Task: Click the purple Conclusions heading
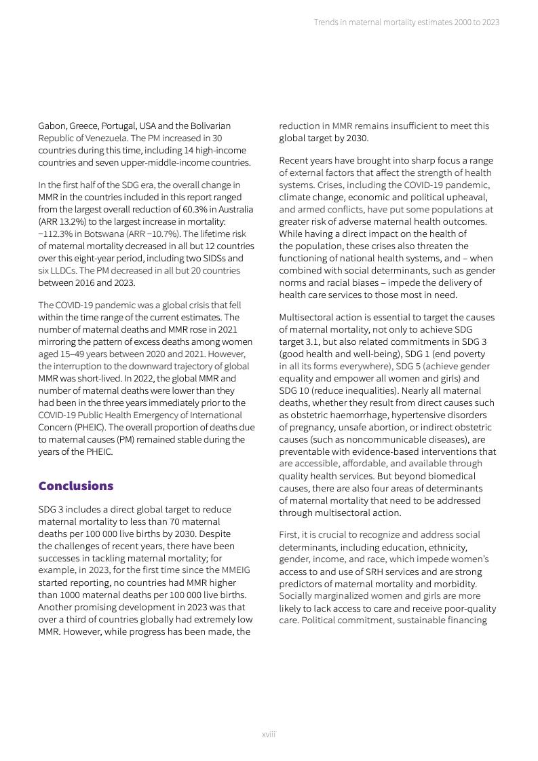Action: coord(76,486)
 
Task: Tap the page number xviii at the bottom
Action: coord(269,734)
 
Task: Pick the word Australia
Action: coord(234,197)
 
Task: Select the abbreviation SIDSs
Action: coord(212,258)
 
